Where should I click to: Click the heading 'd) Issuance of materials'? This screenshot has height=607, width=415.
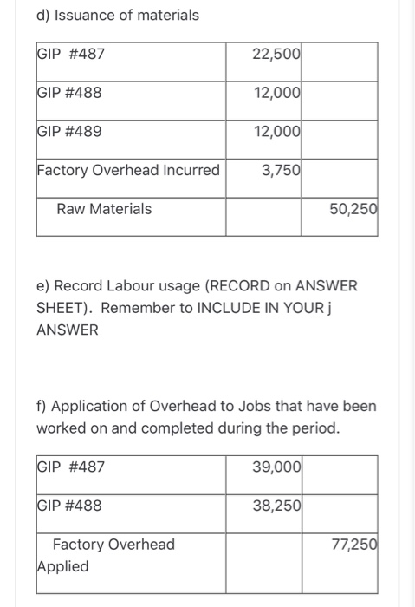click(x=117, y=15)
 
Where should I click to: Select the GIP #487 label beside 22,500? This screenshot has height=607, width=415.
click(x=71, y=54)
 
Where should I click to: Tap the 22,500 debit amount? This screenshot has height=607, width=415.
click(x=276, y=54)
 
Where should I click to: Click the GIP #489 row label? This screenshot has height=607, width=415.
click(x=69, y=132)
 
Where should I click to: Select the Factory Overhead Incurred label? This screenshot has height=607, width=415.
click(x=128, y=170)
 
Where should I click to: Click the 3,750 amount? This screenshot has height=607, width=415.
click(x=281, y=170)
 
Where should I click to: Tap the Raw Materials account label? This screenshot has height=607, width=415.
click(x=104, y=209)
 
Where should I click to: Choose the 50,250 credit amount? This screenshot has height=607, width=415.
click(x=353, y=209)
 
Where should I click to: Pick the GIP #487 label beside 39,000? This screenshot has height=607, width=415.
click(x=71, y=467)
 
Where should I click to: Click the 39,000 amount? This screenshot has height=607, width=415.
click(x=276, y=467)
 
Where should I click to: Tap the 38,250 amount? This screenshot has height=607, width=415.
click(x=276, y=506)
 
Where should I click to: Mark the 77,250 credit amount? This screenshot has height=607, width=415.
click(x=353, y=545)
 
